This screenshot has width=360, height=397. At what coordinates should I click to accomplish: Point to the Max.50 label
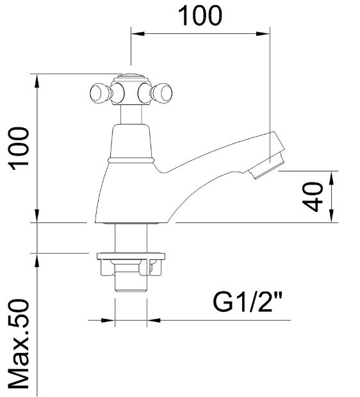click(x=20, y=343)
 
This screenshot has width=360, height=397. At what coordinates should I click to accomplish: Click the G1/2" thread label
click(x=248, y=302)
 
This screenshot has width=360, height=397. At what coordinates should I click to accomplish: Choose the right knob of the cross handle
click(x=163, y=93)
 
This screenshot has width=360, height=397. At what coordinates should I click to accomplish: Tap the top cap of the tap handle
click(x=131, y=81)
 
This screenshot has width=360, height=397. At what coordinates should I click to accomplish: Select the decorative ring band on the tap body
click(x=131, y=158)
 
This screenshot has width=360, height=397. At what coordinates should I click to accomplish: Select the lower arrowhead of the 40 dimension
click(x=332, y=218)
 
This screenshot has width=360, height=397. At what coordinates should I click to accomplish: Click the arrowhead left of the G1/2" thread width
click(x=110, y=320)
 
